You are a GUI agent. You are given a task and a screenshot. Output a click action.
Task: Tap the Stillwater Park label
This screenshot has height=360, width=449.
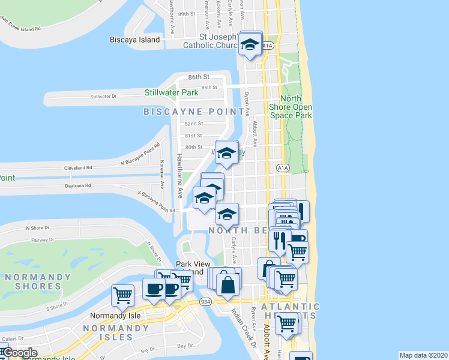171,93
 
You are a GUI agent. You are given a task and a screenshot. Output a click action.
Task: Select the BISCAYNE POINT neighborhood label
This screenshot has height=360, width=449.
196,112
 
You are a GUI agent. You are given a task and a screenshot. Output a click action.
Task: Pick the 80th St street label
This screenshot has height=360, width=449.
193,147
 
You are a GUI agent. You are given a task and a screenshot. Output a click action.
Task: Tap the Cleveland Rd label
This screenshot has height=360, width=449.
79,169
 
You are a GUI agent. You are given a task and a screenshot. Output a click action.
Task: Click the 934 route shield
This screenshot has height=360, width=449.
205,301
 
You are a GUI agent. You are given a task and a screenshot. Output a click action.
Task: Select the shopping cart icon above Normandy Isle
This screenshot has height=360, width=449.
122,295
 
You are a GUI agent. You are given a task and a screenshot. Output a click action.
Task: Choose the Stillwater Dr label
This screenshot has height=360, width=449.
102,97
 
